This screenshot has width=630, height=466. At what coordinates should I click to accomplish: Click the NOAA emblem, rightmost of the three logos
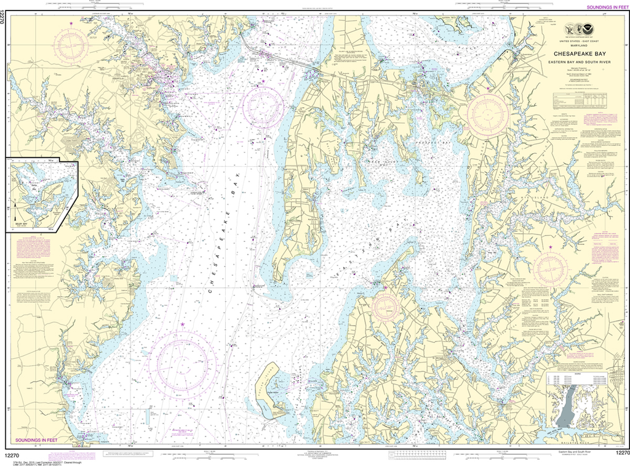[x=592, y=28]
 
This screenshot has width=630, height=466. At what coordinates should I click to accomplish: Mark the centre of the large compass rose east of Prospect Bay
[x=487, y=113]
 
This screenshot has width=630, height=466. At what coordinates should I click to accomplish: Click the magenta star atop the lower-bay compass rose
[x=182, y=324]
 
